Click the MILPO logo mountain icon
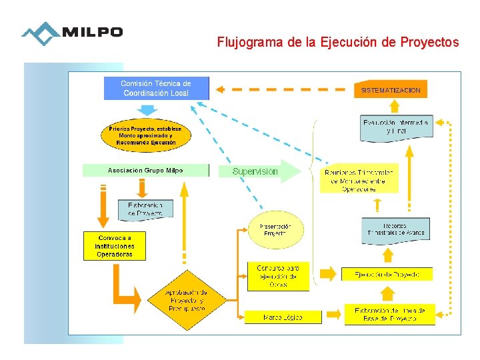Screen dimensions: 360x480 click(40, 33)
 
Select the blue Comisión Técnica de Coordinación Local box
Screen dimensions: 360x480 click(156, 88)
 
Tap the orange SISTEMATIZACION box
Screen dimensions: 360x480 click(391, 89)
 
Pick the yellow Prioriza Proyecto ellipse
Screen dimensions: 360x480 click(146, 135)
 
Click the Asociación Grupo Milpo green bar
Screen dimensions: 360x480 click(145, 171)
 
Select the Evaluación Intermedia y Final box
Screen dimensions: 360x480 click(395, 127)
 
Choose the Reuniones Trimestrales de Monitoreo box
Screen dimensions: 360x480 click(359, 179)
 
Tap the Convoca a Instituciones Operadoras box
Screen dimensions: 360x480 click(115, 246)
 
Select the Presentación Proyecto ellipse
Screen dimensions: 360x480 click(275, 230)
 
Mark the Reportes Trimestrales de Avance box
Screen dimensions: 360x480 click(395, 229)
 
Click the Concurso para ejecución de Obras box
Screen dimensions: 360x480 click(278, 276)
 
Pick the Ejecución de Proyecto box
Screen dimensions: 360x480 click(387, 274)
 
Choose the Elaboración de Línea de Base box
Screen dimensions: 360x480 click(389, 314)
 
